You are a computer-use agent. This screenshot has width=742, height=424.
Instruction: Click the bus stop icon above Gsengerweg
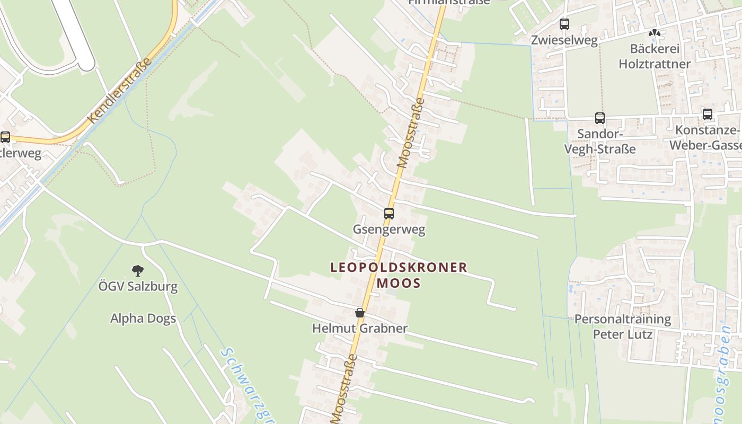389,214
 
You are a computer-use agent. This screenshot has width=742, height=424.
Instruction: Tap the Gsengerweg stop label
389,229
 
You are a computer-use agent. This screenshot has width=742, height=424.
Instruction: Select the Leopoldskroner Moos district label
399,275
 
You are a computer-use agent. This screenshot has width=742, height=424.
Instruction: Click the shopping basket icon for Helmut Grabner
360,313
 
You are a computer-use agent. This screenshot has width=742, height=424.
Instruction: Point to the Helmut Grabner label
360,329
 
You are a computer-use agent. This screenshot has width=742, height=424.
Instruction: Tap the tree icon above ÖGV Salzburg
138,271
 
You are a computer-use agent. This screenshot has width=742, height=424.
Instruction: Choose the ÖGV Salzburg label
138,287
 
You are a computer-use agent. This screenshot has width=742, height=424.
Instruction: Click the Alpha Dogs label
143,319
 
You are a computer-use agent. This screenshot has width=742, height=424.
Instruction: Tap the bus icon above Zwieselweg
564,24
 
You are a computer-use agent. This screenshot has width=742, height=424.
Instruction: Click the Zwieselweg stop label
564,40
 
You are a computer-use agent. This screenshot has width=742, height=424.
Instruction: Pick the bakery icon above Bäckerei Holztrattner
655,33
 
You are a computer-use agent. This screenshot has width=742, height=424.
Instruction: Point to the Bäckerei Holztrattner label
655,56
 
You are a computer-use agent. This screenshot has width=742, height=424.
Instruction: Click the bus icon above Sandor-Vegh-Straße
600,118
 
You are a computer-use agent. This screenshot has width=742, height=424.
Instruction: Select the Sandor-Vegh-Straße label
599,141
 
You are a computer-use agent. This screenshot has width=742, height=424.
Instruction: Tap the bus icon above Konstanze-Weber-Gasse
708,114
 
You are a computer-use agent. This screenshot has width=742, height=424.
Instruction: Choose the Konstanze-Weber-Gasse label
705,138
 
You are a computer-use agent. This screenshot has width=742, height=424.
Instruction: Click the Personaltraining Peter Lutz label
623,326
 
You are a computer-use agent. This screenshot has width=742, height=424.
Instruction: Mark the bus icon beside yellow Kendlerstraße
5,137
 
